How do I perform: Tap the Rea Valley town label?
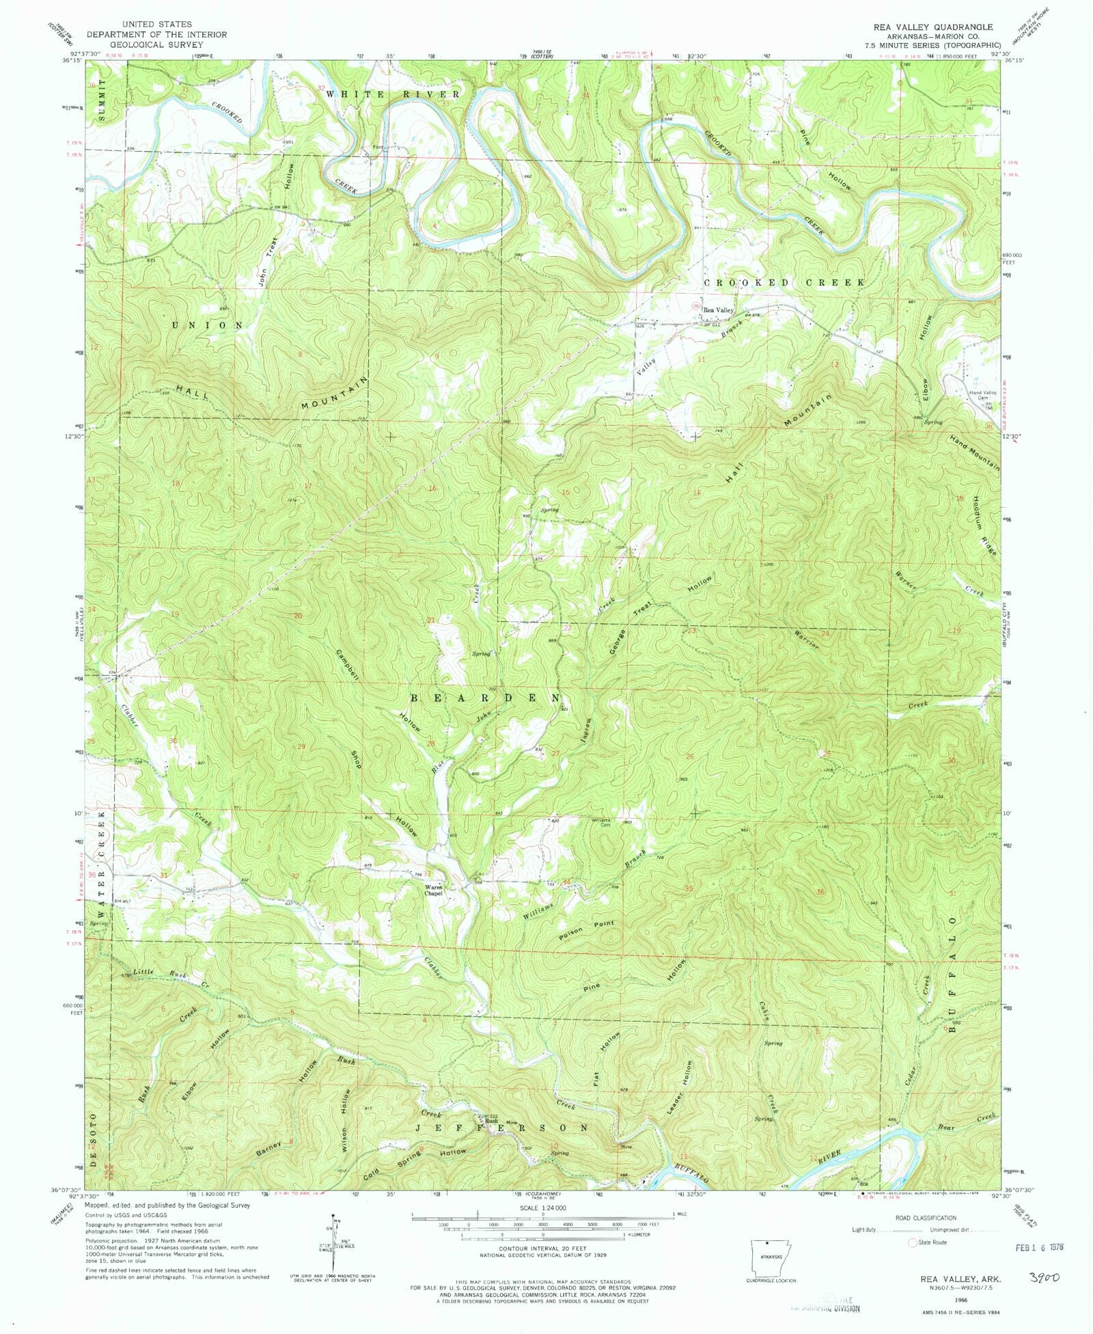tap(718, 310)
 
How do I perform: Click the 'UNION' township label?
tap(202, 325)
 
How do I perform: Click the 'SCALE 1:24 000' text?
tap(543, 1208)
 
